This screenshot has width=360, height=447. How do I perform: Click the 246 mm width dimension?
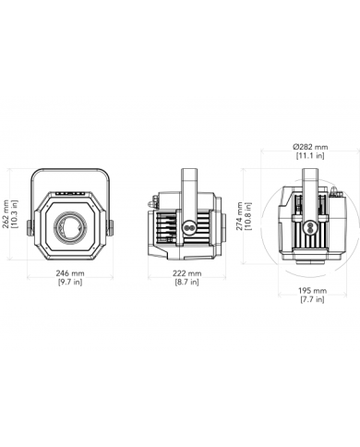[x=70, y=273]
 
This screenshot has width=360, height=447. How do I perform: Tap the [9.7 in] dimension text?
[x=70, y=282]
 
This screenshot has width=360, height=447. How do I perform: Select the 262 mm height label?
[x=6, y=214]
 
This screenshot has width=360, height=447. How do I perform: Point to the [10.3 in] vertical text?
[x=15, y=214]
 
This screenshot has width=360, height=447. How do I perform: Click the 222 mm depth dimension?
[x=187, y=273]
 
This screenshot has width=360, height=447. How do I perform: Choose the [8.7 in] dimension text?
[x=186, y=282]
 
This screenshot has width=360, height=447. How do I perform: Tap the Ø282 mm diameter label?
[x=310, y=147]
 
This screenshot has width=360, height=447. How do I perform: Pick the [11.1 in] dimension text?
[x=310, y=155]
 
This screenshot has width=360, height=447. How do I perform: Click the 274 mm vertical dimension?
[x=240, y=216]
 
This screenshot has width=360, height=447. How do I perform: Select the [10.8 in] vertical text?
[x=248, y=216]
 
